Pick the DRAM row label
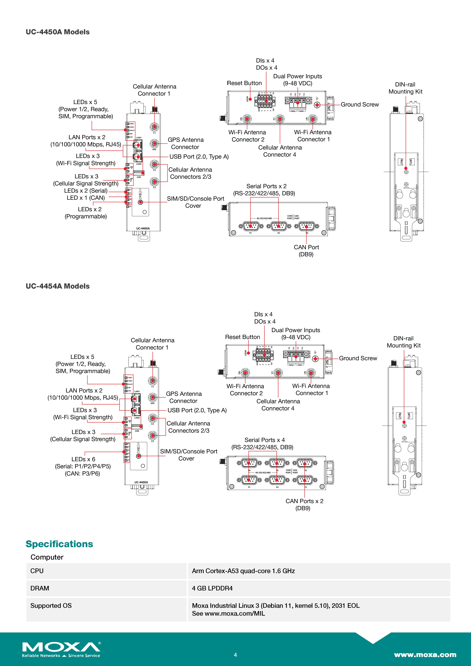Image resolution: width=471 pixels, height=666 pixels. click(40, 588)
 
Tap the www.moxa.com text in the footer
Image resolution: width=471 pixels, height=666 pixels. click(425, 655)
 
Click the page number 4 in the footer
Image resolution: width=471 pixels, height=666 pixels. click(235, 655)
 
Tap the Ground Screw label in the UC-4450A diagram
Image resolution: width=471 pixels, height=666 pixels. click(360, 104)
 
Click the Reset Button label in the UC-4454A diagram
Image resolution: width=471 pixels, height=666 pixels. click(242, 337)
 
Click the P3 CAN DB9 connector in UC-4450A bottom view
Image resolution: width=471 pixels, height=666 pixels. click(307, 226)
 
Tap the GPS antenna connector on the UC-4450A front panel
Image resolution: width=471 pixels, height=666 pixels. click(154, 143)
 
